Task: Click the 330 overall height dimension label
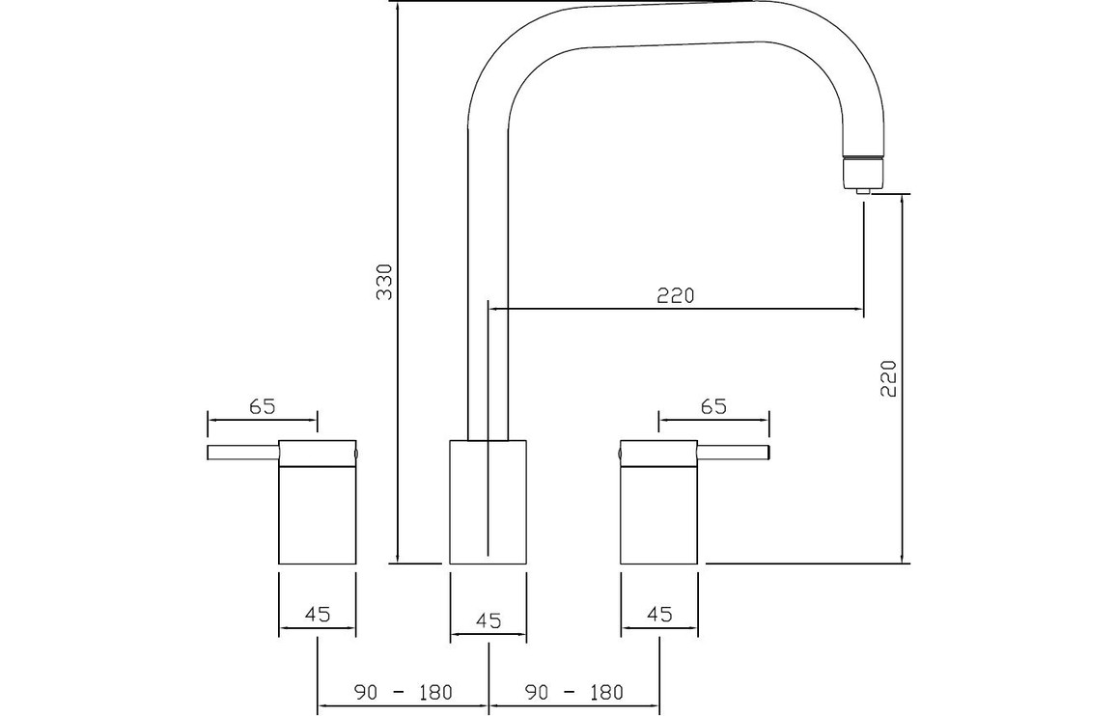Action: (384, 281)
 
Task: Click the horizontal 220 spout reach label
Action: (675, 294)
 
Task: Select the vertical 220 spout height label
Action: (888, 378)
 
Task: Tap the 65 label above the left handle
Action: (262, 406)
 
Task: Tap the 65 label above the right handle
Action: (713, 406)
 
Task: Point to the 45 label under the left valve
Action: (318, 614)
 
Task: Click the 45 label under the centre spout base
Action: (488, 620)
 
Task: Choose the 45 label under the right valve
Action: (659, 614)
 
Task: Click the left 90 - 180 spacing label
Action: (403, 691)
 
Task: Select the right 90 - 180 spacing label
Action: (573, 691)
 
